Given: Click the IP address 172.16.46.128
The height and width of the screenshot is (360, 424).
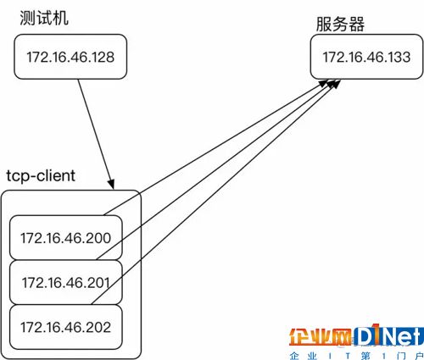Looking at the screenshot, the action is (70, 57).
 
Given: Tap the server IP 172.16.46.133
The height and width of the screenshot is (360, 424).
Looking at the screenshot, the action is (366, 57).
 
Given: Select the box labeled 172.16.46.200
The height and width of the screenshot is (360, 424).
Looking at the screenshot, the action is (66, 237).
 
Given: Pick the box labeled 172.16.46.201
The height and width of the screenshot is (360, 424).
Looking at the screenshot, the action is (66, 282).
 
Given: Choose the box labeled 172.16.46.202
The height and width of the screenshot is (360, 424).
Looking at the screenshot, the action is (66, 327).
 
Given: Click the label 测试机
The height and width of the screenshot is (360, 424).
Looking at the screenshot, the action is (44, 19).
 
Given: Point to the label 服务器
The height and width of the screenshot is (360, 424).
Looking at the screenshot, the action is (340, 24).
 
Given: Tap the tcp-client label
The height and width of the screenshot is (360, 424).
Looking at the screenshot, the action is (41, 175).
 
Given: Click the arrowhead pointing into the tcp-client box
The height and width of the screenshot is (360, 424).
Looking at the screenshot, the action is (111, 184).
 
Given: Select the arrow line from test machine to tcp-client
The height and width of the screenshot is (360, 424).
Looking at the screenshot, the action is (96, 135).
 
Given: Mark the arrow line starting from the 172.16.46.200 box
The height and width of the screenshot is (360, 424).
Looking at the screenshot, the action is (217, 147).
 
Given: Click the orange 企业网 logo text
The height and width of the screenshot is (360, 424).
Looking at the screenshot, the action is (320, 336).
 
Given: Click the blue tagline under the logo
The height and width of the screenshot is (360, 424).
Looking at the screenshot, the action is (356, 356).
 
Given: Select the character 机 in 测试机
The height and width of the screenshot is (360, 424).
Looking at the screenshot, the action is (60, 19).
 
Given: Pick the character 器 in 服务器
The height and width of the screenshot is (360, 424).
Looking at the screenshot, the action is (356, 24).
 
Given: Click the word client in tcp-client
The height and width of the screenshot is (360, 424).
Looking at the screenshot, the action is (56, 175).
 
